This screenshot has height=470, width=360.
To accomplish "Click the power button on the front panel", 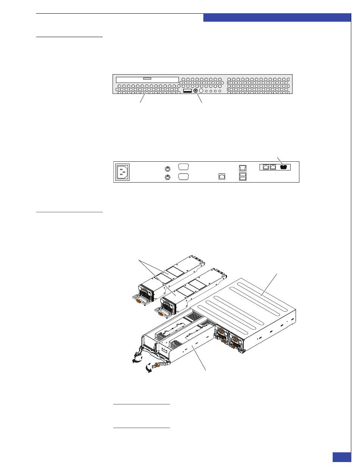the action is pyautogui.click(x=195, y=91).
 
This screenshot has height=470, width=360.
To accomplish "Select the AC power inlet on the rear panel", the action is pyautogui.click(x=122, y=172).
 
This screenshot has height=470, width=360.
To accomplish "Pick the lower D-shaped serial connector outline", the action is pyautogui.click(x=183, y=176).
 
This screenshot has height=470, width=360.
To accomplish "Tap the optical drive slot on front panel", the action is pyautogui.click(x=147, y=80).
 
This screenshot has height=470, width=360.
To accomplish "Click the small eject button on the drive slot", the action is pyautogui.click(x=147, y=79).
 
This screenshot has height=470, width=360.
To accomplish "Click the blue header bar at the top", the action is pyautogui.click(x=277, y=18).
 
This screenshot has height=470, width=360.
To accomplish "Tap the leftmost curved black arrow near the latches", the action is pyautogui.click(x=135, y=359).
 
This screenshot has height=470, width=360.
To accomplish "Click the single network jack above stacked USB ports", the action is pyautogui.click(x=243, y=168).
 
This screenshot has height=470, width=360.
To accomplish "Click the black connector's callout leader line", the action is pyautogui.click(x=279, y=160).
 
